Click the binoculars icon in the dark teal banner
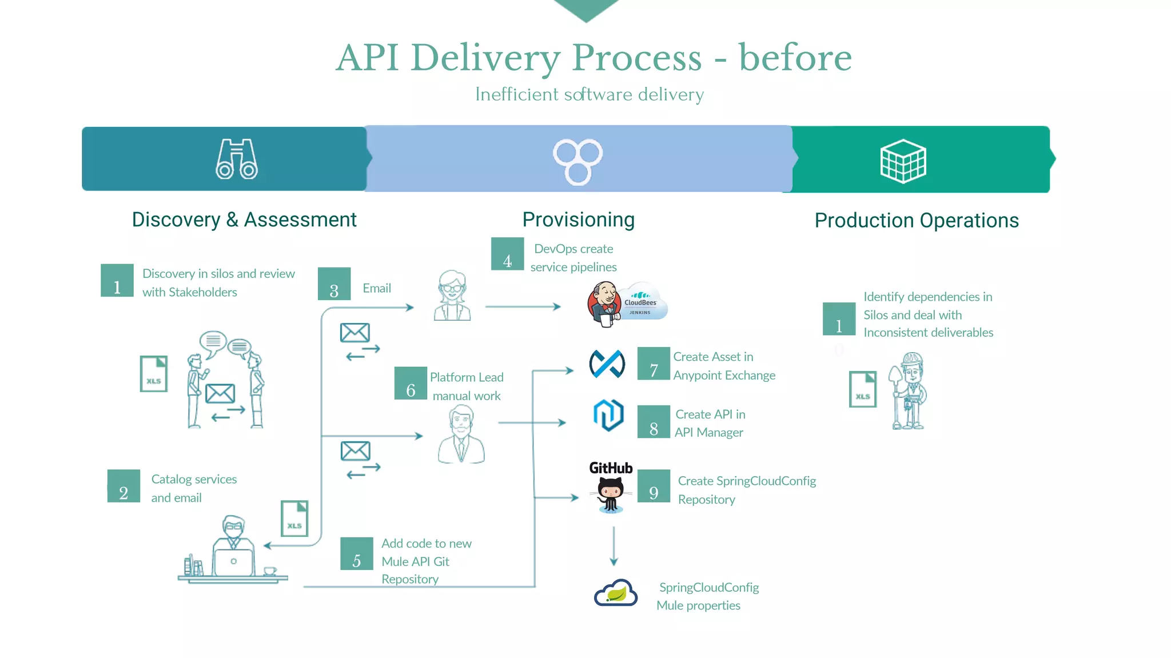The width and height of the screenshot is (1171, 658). [236, 159]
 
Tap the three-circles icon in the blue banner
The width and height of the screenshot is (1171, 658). [577, 161]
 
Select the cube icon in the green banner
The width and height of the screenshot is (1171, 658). [903, 161]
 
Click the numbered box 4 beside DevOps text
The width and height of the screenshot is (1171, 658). [507, 254]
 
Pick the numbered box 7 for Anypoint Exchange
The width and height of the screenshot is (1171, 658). [654, 364]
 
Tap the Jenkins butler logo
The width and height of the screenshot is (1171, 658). [604, 304]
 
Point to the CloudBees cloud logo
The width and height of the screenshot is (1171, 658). [644, 301]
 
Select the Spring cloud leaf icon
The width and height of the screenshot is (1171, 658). [615, 593]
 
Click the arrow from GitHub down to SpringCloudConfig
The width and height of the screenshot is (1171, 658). [614, 546]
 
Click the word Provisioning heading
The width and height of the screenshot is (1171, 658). [578, 220]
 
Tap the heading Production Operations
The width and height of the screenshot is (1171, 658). [916, 221]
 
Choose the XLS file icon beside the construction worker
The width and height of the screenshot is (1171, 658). [862, 389]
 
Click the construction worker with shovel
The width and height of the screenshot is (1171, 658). [909, 391]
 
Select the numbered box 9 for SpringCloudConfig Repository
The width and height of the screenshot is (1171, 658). [654, 486]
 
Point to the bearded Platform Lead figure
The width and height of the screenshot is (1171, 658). [461, 434]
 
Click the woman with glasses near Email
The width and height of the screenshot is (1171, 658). [452, 296]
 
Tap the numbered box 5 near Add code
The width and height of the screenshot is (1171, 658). [356, 553]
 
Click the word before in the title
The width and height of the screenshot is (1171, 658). [795, 58]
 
